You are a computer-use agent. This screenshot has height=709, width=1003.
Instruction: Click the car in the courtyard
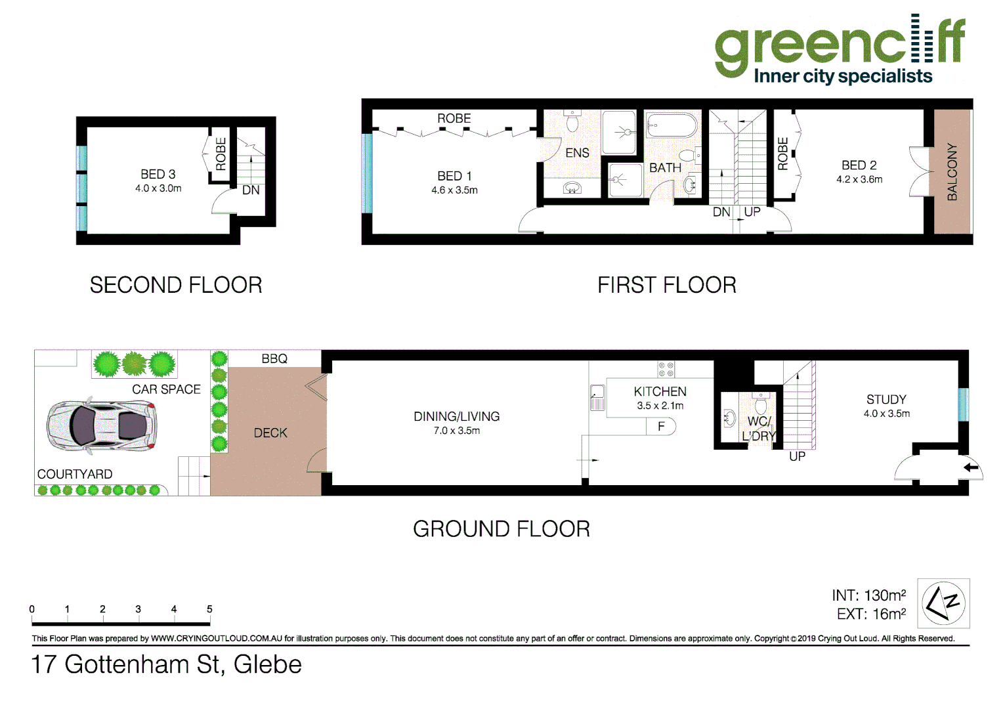pos(102,425)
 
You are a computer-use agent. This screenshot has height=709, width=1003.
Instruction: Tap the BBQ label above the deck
pos(274,359)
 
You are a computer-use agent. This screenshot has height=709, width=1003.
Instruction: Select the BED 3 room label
pos(158,175)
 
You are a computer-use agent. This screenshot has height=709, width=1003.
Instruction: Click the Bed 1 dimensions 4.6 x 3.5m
pos(454,190)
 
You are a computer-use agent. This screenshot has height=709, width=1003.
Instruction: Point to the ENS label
pos(577,153)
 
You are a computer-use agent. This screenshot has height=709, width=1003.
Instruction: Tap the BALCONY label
pos(952,172)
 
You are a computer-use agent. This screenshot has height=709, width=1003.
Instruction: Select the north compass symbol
pos(943,603)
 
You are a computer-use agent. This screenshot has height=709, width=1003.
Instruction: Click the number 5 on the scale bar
pos(209,609)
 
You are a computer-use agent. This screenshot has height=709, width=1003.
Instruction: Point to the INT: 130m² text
pos(868,595)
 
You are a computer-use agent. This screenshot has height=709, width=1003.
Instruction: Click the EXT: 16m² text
pos(871,614)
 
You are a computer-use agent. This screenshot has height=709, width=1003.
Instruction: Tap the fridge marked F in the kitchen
pos(661,427)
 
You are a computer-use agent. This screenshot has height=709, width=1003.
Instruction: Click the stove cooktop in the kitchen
pos(666,369)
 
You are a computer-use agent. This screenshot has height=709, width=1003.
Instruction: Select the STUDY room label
pos(886,400)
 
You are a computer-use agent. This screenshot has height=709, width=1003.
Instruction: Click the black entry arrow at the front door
pos(971,467)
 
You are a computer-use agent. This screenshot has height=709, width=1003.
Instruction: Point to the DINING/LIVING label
pos(456,417)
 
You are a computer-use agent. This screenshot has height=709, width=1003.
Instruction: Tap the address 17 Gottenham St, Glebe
pos(167,664)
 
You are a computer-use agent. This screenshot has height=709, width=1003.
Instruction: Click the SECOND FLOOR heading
pos(176,285)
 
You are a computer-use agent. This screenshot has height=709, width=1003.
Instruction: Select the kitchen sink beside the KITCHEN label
pos(597,397)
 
